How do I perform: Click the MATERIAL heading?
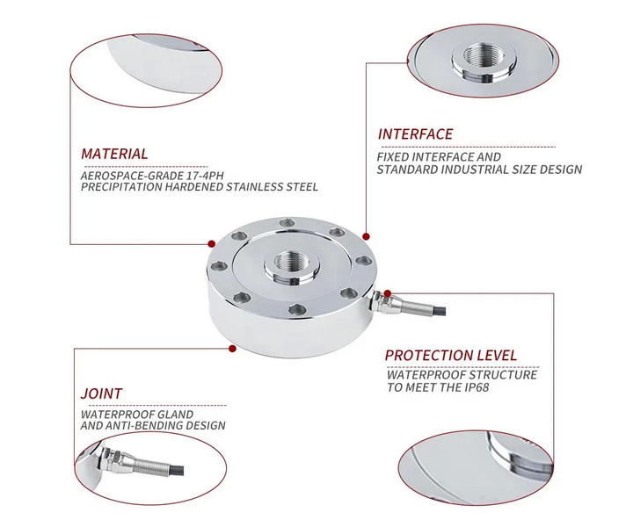point(114,154)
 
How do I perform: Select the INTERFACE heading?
point(415,134)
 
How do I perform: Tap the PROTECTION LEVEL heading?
point(451,355)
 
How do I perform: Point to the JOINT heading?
point(101,393)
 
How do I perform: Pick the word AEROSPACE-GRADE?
point(127,174)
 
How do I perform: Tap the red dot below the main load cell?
point(233,349)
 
